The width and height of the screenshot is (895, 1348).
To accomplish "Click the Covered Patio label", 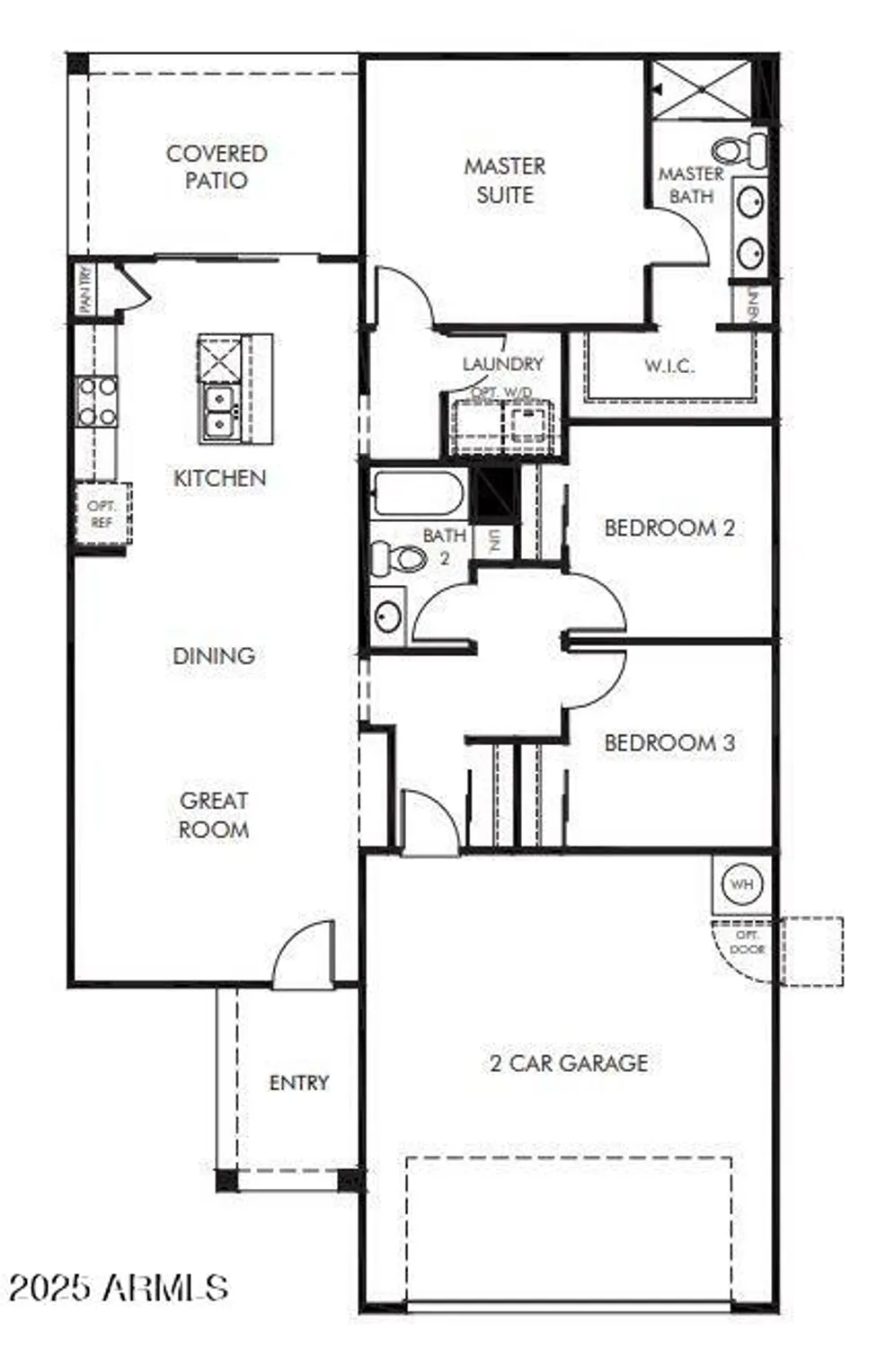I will (x=217, y=167).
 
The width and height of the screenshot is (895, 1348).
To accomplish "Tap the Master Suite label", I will (x=504, y=181).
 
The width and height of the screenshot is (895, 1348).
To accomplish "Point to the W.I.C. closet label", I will (x=669, y=366).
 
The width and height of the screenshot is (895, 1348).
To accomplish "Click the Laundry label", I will (x=502, y=364).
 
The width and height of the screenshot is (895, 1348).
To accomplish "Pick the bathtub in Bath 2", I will (x=418, y=493).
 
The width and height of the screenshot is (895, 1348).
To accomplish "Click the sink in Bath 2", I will (x=388, y=616).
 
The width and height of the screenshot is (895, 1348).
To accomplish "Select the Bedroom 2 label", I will (x=669, y=528).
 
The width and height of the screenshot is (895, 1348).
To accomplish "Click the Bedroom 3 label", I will (x=669, y=742).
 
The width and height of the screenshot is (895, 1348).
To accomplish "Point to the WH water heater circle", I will (x=741, y=884).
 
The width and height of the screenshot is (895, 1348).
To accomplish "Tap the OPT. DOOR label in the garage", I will (x=747, y=943).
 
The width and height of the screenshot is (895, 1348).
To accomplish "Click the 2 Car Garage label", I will (x=569, y=1063).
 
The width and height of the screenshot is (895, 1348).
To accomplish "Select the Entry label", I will (x=298, y=1083).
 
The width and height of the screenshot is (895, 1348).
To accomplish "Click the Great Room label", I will (x=214, y=815).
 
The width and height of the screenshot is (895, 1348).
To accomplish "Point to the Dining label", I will (x=214, y=656).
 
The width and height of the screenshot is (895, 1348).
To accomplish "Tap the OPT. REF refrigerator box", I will (x=102, y=514).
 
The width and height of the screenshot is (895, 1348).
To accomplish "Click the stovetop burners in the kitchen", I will (x=96, y=402).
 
